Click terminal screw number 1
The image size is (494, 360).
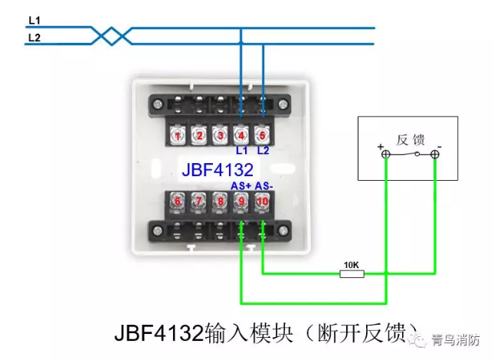(177, 136)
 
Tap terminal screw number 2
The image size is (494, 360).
(198, 136)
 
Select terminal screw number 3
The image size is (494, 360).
(220, 136)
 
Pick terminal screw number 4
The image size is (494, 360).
(241, 136)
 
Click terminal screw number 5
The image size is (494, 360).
(263, 136)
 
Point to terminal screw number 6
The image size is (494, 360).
(177, 203)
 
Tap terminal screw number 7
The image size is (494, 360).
(198, 203)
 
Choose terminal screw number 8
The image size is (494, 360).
(220, 203)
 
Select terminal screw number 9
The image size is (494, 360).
(241, 203)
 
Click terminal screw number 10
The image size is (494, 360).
(263, 203)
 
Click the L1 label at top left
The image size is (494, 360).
(34, 20)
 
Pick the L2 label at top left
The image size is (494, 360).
(34, 36)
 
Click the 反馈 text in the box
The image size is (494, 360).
(410, 140)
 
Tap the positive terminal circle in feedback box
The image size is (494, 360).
(386, 155)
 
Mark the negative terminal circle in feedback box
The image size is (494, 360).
(434, 155)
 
